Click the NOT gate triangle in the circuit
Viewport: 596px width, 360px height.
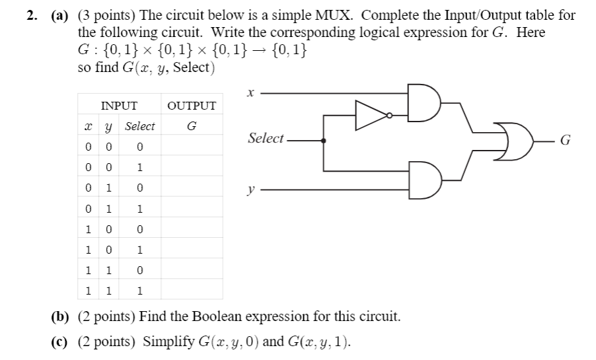click(370, 115)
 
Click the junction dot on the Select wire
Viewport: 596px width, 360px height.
click(323, 140)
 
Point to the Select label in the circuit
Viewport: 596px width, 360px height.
click(266, 139)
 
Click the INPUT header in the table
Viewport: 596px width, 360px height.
click(118, 106)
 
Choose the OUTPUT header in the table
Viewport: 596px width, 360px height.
click(192, 106)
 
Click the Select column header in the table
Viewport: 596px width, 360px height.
click(140, 126)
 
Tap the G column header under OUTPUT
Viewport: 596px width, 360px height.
click(192, 126)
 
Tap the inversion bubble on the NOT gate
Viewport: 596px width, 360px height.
click(390, 115)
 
